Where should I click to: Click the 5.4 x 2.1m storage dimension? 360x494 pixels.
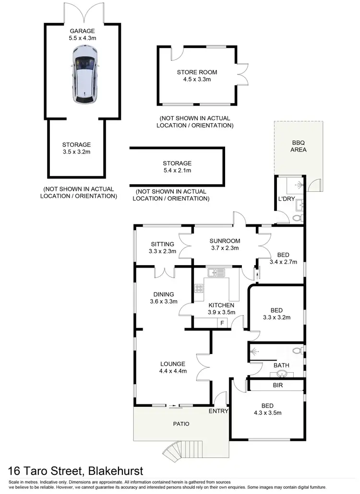[177, 170]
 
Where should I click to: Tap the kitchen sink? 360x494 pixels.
[216, 272]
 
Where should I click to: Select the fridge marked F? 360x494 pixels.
[222, 323]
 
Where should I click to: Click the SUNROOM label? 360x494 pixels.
[224, 241]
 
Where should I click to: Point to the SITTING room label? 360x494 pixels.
[162, 244]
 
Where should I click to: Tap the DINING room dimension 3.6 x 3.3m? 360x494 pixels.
[164, 302]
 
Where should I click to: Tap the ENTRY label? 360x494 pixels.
[218, 411]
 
